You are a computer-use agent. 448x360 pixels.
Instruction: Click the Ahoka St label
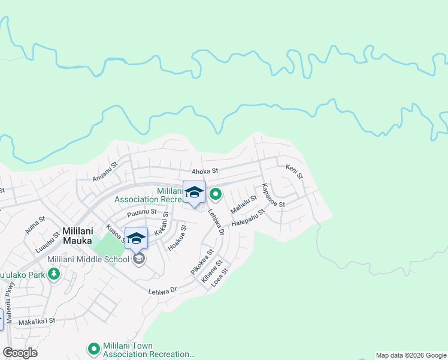(x=204, y=171)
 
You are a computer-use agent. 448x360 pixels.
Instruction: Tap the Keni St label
(x=294, y=172)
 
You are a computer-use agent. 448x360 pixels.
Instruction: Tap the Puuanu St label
(x=141, y=212)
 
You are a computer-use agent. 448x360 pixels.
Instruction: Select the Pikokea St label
(x=202, y=262)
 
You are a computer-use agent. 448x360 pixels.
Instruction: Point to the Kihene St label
(x=212, y=272)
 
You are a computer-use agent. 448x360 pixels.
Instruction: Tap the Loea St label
(x=221, y=278)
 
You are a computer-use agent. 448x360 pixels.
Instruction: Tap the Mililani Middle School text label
(x=88, y=260)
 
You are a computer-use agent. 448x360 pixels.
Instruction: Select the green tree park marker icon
(x=55, y=274)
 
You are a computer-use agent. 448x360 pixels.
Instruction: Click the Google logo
(x=20, y=353)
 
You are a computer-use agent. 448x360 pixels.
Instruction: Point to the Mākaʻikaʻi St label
(x=37, y=321)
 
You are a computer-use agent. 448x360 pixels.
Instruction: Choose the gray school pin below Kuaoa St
(x=139, y=259)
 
